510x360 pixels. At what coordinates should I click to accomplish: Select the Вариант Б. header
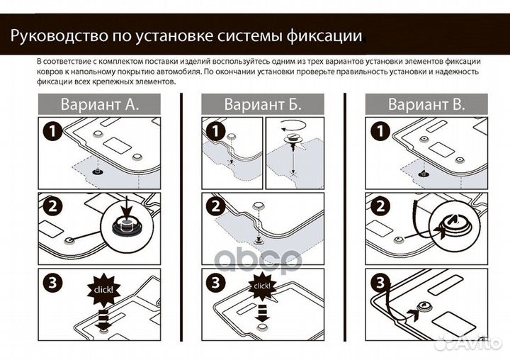tap(263, 105)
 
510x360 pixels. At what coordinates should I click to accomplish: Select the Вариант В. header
tap(426, 105)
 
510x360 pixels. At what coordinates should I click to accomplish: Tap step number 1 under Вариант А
tap(51, 132)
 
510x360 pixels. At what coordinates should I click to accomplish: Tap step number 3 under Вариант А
tap(51, 282)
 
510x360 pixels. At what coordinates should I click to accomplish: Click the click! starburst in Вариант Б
tap(262, 286)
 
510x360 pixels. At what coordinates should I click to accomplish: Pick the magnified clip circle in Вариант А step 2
tap(126, 226)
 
